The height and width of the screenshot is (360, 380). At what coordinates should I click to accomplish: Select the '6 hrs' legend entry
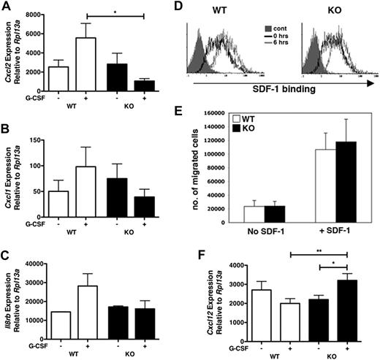pyautogui.click(x=282, y=50)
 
